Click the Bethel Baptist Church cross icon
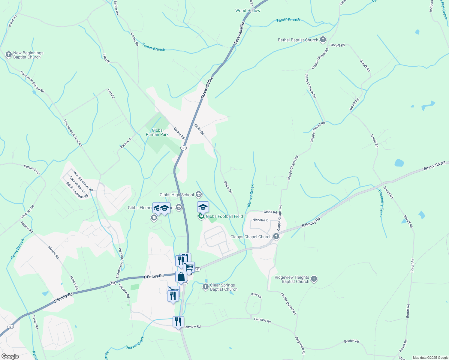[323, 40]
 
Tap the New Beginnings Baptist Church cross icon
[9, 55]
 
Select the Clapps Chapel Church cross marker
[276, 237]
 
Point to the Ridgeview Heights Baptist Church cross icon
[314, 279]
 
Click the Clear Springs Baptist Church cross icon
[206, 287]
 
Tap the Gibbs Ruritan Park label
[157, 132]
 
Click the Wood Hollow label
[248, 10]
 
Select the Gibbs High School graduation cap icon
[198, 195]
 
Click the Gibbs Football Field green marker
[201, 216]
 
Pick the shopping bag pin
[181, 277]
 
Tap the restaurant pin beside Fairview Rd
[178, 322]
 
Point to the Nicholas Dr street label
[261, 220]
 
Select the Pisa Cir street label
[256, 295]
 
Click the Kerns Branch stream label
[17, 249]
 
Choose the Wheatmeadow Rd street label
[83, 181]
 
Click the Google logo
[10, 356]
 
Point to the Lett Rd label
[111, 94]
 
